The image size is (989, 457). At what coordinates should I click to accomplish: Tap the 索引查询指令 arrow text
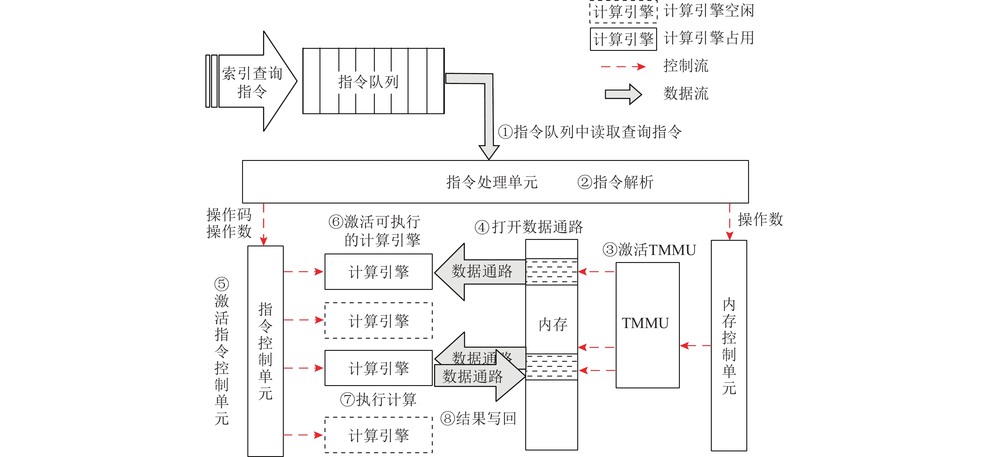point(252,82)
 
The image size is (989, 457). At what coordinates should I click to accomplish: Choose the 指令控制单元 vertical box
point(265,351)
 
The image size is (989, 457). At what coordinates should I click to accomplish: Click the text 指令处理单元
point(492,182)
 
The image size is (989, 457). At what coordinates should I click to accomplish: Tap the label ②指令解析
point(615,182)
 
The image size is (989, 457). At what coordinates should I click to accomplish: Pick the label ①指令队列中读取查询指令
point(589,132)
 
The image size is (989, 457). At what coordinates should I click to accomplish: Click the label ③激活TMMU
point(649,250)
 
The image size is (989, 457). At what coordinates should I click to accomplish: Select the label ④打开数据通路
point(529,227)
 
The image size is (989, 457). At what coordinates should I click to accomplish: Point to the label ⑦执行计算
point(378,399)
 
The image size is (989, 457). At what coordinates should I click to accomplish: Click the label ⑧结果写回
point(478,418)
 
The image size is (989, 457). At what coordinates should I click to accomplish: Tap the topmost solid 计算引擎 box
point(379,272)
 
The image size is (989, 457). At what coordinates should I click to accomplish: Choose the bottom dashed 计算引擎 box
point(379,435)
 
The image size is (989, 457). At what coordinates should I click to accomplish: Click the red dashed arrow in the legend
point(623,67)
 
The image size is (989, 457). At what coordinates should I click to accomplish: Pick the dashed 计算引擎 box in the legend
point(623,12)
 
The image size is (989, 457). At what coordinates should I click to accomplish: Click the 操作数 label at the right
point(760,219)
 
